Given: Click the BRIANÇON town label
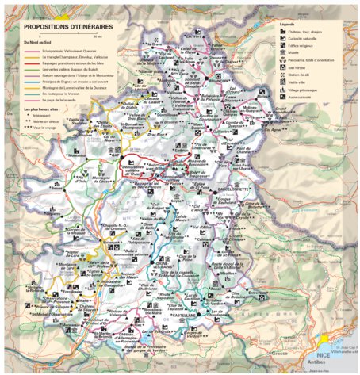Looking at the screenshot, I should click(216, 80).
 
